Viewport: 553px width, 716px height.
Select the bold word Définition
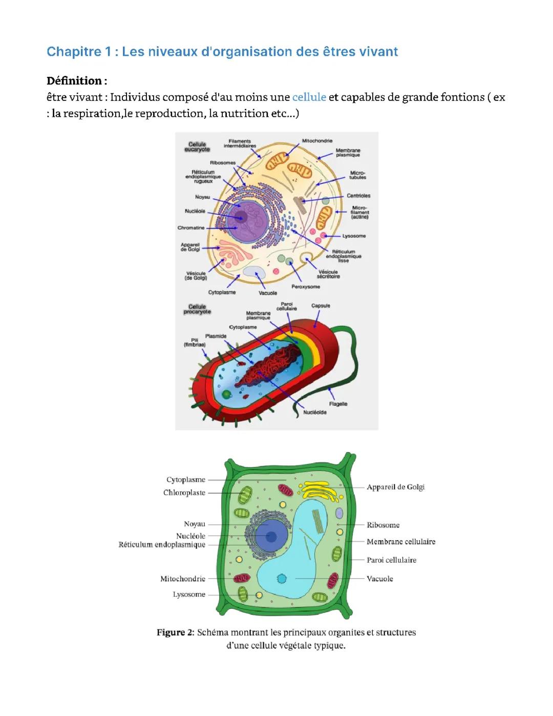pos(74,81)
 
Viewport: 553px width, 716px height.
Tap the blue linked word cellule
pos(309,97)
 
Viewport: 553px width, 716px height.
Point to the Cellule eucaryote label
pos(197,147)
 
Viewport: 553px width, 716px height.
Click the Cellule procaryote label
pos(197,310)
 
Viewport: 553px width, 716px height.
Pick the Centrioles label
pos(358,196)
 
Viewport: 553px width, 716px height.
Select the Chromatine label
pos(191,228)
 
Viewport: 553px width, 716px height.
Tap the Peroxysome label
pos(306,287)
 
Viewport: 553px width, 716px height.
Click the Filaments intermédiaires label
pos(240,144)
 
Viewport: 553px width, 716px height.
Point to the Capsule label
pos(321,306)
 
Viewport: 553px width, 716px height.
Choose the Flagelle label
pos(338,404)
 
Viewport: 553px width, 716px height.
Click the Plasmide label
pos(216,336)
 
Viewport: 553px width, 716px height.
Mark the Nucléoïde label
pos(315,413)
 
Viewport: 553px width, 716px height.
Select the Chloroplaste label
pos(184,493)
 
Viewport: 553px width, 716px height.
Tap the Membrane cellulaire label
pos(401,542)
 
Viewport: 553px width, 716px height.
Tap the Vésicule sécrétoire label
pos(328,274)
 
